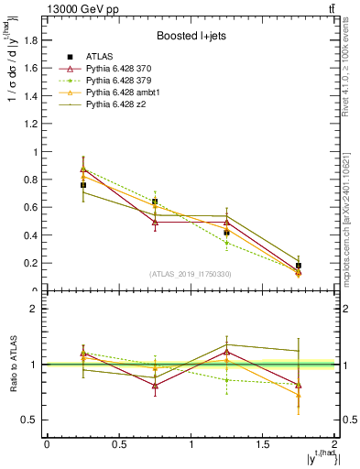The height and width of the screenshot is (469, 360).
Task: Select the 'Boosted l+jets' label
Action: point(190,37)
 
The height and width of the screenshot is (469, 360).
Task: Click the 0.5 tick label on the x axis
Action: point(118,444)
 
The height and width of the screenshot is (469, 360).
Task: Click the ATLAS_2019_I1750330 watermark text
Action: point(190,274)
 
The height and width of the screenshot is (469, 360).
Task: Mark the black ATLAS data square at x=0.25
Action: point(82,185)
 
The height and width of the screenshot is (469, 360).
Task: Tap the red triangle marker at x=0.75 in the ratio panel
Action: point(155,386)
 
